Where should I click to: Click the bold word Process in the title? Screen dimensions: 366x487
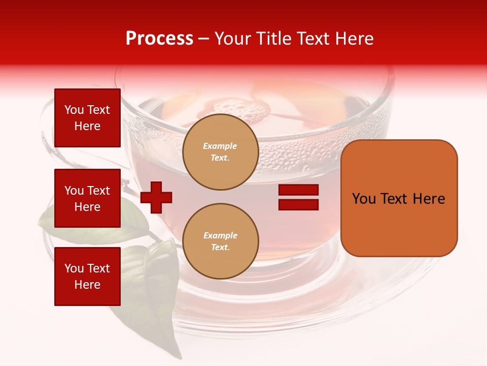tap(159, 39)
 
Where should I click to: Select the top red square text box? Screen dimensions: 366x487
tap(87, 118)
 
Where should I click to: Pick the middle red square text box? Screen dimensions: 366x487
tap(87, 198)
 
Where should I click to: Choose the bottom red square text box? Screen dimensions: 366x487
tap(87, 276)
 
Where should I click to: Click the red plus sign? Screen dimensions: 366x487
tap(156, 197)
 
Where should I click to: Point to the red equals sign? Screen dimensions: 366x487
tap(298, 197)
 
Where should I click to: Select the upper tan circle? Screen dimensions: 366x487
tap(220, 152)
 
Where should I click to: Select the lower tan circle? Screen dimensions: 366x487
tap(220, 241)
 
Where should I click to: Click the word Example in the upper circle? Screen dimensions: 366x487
tap(220, 146)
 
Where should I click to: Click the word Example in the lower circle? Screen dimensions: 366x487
tap(220, 235)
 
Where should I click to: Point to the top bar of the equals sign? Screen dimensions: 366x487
tap(298, 190)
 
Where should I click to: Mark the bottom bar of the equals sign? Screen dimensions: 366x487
tap(298, 204)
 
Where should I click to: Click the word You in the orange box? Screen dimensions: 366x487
tap(364, 199)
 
